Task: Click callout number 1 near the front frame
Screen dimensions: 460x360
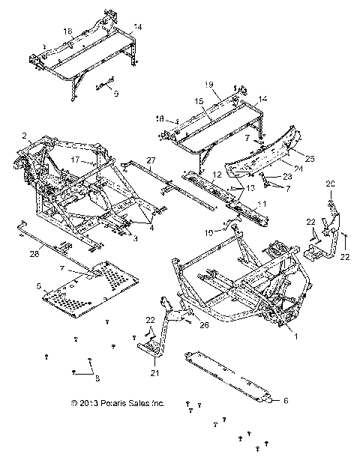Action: pyautogui.click(x=295, y=337)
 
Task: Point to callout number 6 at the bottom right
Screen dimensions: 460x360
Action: pyautogui.click(x=286, y=401)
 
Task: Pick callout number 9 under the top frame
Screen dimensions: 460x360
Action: pyautogui.click(x=116, y=94)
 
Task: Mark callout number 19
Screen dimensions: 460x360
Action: pyautogui.click(x=209, y=84)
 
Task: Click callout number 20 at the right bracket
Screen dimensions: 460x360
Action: pyautogui.click(x=329, y=184)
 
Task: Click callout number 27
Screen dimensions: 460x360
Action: pyautogui.click(x=151, y=160)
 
